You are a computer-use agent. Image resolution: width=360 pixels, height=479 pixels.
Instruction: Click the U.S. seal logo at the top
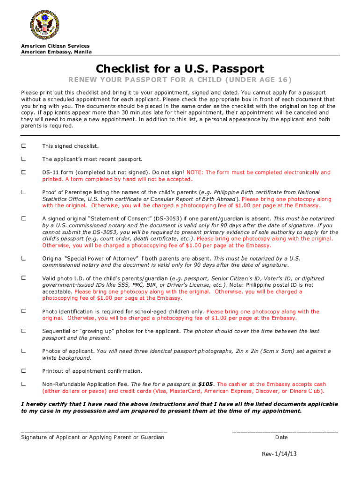click(45, 25)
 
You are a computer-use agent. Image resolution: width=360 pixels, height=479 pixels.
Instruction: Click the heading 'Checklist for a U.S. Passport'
click(180, 68)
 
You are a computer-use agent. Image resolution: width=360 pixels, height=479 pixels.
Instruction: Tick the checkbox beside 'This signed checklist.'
click(23, 146)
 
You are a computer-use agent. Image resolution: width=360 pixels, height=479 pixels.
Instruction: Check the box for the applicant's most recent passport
click(23, 160)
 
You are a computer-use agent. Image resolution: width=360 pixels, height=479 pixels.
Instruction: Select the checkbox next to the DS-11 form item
click(23, 173)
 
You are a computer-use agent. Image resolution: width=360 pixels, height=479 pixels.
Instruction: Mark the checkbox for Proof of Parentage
click(23, 192)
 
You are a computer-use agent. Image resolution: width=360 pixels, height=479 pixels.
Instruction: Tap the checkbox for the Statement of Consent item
click(23, 218)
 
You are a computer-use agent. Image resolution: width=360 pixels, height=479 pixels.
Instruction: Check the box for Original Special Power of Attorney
click(23, 258)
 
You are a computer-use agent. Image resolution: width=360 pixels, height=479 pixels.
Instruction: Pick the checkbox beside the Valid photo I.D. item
click(23, 278)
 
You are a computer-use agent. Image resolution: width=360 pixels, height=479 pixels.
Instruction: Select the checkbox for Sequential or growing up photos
click(23, 331)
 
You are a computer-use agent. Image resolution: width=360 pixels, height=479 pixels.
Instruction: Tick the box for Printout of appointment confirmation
click(23, 371)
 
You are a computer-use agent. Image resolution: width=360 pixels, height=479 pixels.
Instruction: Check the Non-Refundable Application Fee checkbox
click(23, 384)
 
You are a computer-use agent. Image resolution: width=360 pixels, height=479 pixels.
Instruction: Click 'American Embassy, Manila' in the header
click(56, 52)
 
